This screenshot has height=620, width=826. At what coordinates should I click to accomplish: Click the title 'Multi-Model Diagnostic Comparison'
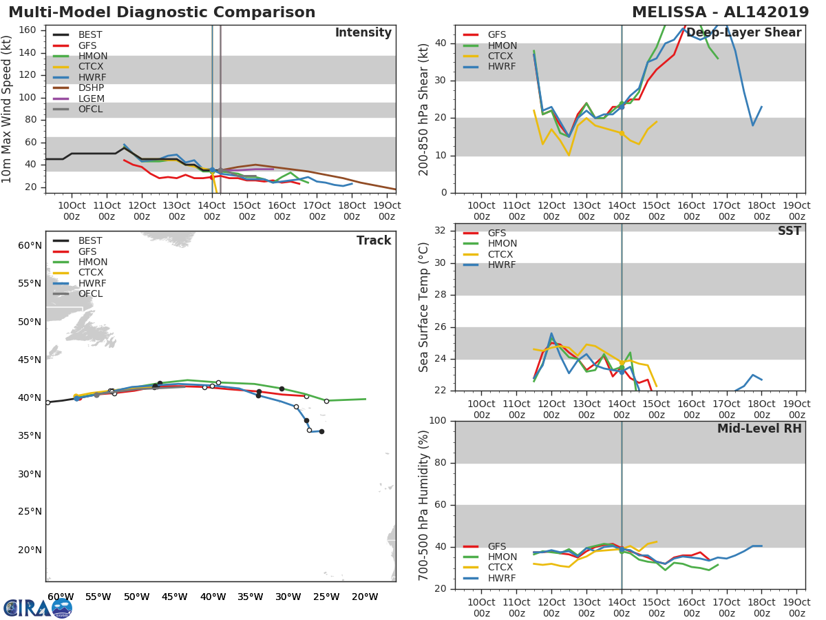pos(162,12)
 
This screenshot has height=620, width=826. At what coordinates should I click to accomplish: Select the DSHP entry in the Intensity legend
pos(91,88)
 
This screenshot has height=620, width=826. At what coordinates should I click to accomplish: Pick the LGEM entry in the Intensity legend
pos(91,99)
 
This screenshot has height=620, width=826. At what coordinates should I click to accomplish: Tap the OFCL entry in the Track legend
pos(90,293)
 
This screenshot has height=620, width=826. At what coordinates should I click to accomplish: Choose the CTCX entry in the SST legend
pos(502,254)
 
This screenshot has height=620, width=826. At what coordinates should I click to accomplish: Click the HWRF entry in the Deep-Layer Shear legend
pos(502,67)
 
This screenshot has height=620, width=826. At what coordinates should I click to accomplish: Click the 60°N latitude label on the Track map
pos(30,245)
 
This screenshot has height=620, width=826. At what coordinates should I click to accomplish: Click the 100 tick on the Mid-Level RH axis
pos(439,421)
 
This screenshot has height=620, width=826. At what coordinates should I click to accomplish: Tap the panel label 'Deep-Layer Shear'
pos(743,33)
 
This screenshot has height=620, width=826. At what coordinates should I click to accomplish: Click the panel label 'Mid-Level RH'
pos(759,429)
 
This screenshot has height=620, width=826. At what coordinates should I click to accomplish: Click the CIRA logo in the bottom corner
pos(38,607)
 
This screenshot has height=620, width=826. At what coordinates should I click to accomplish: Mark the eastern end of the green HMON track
pos(366,399)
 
